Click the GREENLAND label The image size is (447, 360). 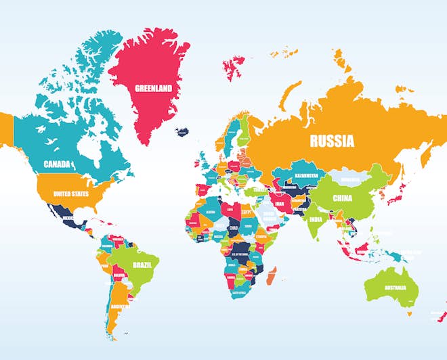coord(153,89)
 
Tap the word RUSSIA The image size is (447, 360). coord(332,141)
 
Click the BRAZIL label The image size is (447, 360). coord(142,265)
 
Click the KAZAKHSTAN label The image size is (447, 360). coord(306,176)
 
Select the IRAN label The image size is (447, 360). coord(280,202)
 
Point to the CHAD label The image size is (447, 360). coord(234,228)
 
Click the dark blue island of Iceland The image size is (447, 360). coord(182,131)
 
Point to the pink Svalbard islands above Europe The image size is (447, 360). coord(234,64)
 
